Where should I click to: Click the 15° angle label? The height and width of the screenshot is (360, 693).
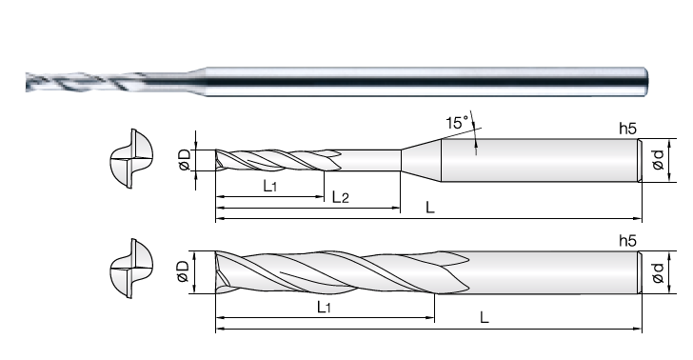457,123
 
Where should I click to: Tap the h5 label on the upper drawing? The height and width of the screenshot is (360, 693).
627,129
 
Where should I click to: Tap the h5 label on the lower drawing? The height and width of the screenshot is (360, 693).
627,241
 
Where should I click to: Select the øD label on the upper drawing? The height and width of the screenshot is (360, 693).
184,160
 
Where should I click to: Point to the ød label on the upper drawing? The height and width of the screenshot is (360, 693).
658,160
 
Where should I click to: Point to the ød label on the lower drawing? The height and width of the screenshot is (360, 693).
658,272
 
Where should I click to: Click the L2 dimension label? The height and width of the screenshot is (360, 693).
341,197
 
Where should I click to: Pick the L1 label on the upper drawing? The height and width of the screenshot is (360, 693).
270,186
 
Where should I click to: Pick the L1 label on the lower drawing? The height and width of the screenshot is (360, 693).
324,307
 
